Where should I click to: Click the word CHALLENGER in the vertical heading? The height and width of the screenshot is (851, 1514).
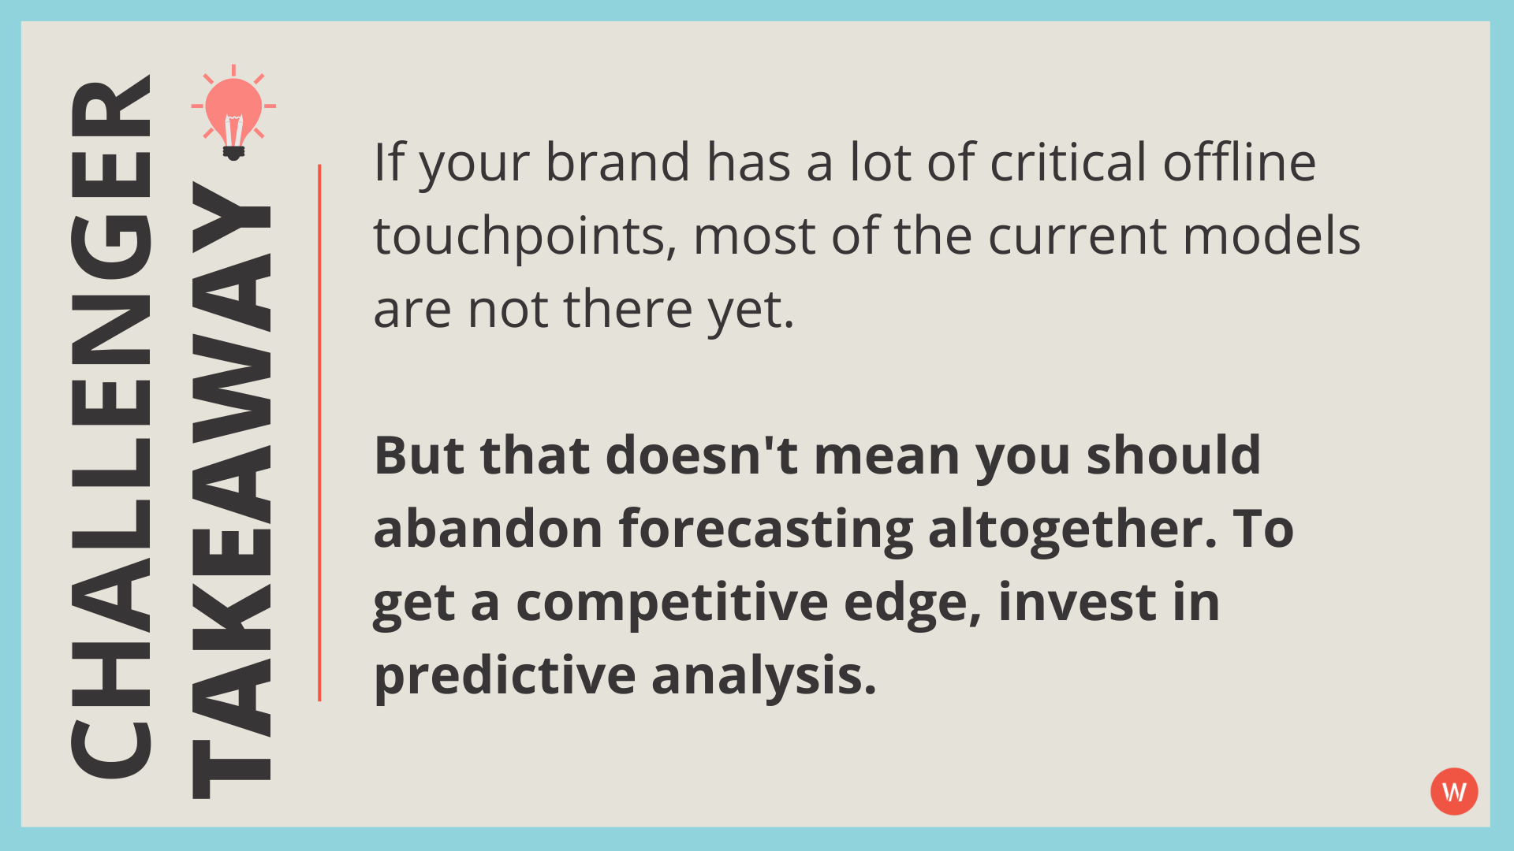coord(110,425)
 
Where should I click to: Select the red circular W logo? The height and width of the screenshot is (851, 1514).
coord(1453,791)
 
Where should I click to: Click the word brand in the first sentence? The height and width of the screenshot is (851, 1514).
coord(617,162)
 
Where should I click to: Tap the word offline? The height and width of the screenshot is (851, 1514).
coord(1239,162)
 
